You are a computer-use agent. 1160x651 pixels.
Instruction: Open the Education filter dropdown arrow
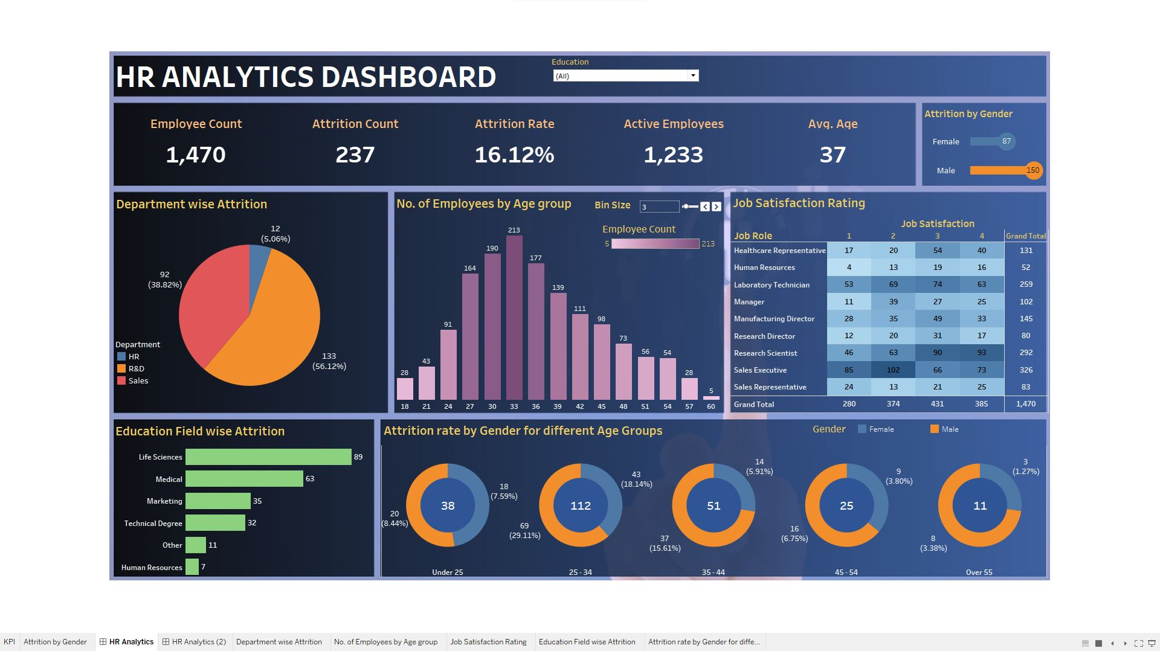click(693, 75)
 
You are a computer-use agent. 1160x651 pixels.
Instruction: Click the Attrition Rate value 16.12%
click(514, 155)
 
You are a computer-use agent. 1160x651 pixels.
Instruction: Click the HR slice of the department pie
click(259, 260)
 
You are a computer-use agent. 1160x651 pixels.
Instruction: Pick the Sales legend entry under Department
click(138, 381)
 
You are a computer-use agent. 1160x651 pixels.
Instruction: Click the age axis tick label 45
click(601, 406)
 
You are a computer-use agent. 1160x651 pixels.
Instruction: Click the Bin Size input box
click(659, 207)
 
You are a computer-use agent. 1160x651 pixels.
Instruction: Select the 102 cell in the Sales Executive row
click(893, 370)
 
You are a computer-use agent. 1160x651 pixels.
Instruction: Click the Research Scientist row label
click(765, 353)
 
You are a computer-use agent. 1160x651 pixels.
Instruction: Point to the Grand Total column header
click(1025, 236)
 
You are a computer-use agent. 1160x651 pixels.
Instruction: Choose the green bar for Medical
click(244, 479)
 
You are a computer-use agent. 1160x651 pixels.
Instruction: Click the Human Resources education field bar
click(192, 567)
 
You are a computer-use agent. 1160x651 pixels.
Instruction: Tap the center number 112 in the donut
click(581, 505)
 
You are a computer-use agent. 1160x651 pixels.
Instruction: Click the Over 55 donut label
click(979, 572)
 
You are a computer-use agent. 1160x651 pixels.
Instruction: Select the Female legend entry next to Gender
click(881, 429)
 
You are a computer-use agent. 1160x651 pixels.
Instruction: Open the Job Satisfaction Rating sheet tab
click(488, 642)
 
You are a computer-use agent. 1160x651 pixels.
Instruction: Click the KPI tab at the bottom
click(9, 642)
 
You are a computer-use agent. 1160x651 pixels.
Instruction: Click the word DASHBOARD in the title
click(409, 77)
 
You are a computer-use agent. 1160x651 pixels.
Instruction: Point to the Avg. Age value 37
click(833, 155)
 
